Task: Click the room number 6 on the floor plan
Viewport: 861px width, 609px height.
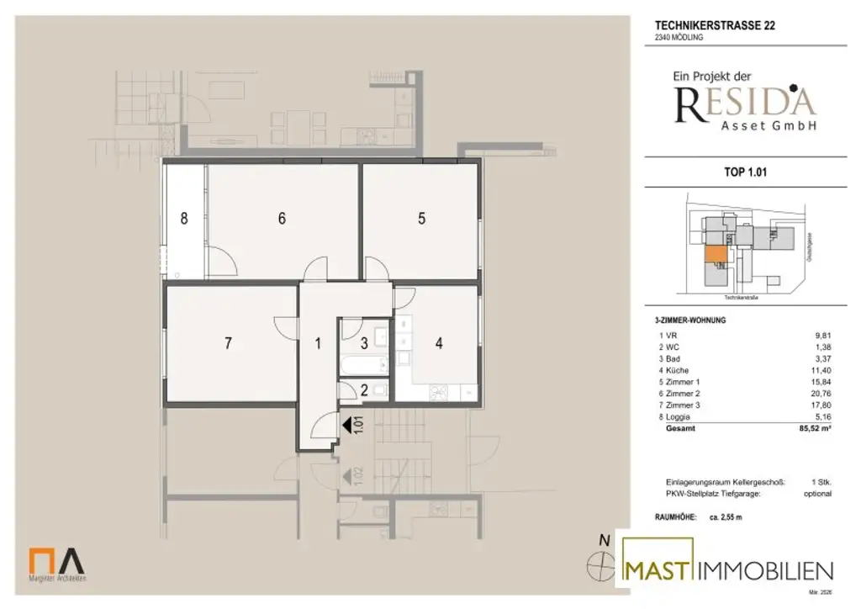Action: coord(283,219)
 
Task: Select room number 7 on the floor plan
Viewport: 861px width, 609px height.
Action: coord(227,343)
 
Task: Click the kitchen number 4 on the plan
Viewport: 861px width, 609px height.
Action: coord(438,343)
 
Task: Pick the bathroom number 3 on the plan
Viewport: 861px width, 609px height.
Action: coord(363,342)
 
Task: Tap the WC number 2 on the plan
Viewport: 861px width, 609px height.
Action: coord(363,389)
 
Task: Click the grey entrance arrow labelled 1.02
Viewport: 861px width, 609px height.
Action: coord(346,477)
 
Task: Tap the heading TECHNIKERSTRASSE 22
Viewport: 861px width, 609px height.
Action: coord(715,25)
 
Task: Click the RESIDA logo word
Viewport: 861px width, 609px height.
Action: coord(744,102)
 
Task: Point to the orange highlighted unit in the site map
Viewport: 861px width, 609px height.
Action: coord(714,254)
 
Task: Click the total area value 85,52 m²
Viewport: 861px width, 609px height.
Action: coord(813,428)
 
